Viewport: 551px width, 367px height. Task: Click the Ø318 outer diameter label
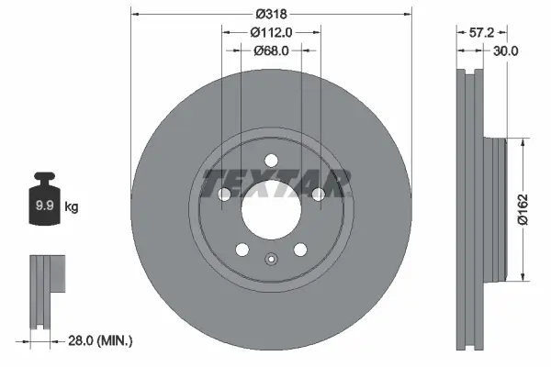270,15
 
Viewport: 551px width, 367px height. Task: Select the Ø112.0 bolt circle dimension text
271,33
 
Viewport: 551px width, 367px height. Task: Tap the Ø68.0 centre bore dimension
271,50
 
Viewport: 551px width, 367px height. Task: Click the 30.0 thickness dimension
506,51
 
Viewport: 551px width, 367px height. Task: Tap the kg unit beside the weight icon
72,207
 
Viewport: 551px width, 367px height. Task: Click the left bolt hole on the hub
225,194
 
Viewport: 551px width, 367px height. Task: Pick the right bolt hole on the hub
317,194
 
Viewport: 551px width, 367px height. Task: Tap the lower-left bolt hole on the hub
242,249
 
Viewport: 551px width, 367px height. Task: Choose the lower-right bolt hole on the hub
299,249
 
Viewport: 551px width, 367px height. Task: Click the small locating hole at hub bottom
271,259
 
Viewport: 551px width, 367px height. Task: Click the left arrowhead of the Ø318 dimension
135,15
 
